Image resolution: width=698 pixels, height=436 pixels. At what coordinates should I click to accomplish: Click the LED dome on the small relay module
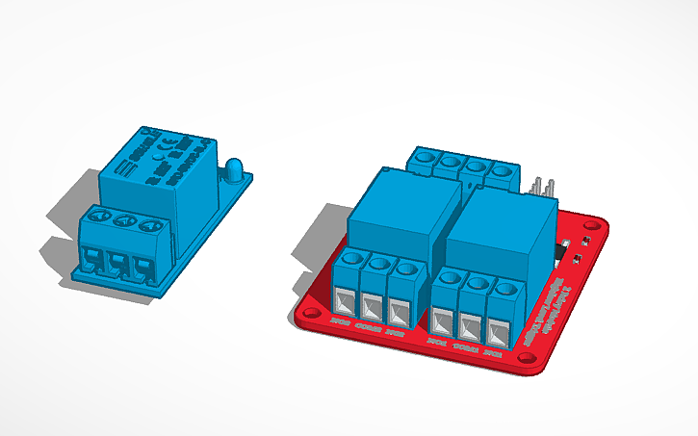click(x=232, y=169)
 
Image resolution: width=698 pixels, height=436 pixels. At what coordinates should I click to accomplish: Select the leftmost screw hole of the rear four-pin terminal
click(x=426, y=157)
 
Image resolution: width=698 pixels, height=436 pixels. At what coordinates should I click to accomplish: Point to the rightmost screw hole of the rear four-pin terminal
click(x=500, y=169)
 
